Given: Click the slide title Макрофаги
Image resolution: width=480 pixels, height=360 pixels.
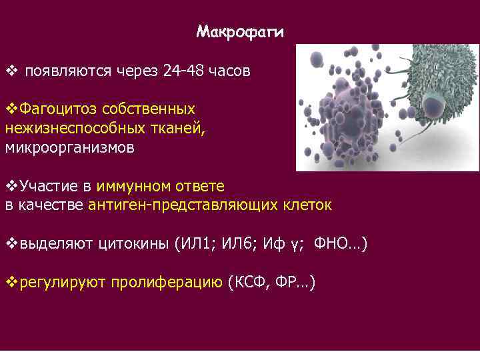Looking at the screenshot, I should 240,32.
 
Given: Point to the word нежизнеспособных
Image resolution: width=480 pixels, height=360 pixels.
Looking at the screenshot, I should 67,128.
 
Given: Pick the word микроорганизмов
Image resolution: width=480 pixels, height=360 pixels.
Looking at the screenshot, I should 69,147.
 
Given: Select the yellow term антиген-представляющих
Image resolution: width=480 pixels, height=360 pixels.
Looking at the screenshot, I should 193,205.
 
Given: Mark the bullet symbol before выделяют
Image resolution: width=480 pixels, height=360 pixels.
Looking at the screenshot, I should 10,243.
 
